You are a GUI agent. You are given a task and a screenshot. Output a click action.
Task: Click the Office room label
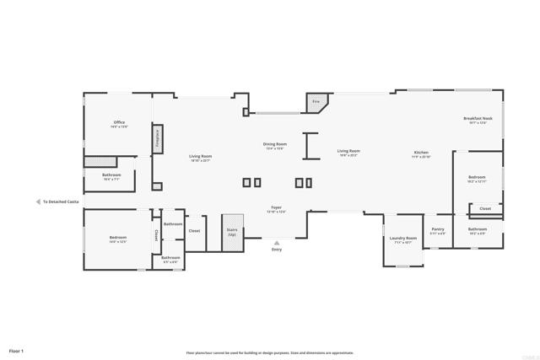pos(119,124)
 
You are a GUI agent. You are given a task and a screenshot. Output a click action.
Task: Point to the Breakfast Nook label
pos(478,120)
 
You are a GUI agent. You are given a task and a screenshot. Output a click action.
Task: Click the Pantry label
pos(438,230)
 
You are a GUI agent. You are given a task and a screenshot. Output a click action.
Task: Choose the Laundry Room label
pos(402,239)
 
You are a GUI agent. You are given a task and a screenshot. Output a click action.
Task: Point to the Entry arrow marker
pos(277,243)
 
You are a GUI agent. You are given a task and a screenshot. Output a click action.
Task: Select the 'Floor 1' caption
pos(17,350)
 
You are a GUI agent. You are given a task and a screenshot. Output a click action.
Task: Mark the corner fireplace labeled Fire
pos(316,102)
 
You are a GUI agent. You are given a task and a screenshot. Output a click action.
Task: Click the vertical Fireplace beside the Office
pos(157,139)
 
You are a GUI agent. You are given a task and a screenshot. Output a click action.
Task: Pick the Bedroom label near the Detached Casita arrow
pos(117,239)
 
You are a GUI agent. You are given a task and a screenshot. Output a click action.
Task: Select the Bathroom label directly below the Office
pos(111,176)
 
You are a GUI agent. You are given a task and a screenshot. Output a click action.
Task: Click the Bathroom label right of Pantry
pos(478,230)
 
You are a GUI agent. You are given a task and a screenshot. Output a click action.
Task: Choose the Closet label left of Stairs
pos(194,230)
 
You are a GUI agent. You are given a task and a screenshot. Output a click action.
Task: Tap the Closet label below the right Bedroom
pos(485,208)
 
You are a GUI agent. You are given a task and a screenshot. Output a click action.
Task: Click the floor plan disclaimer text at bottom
pos(270,353)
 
